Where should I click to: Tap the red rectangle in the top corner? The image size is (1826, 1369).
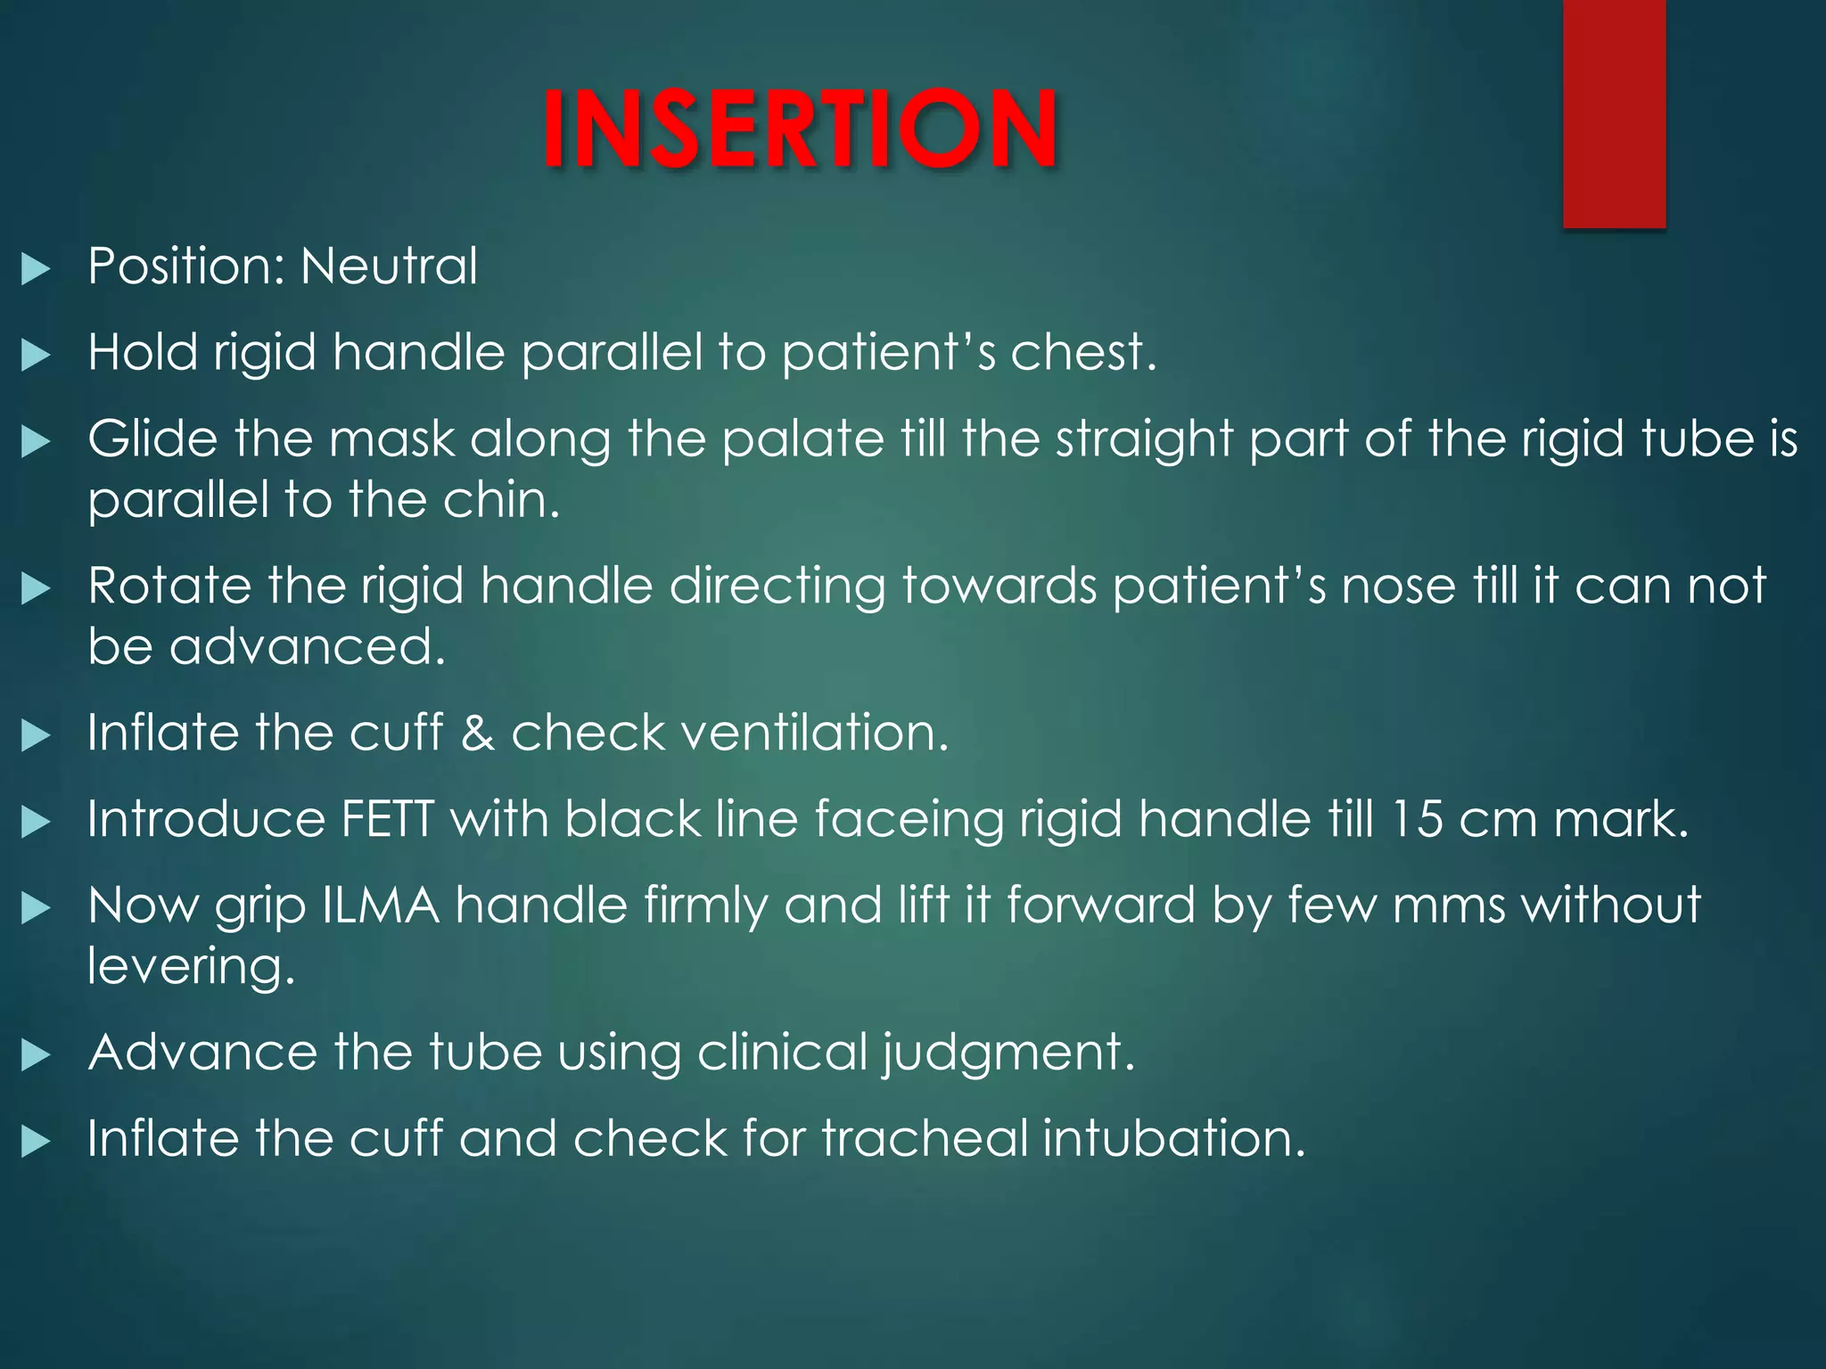(x=1614, y=113)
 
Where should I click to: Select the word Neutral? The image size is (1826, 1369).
(x=389, y=266)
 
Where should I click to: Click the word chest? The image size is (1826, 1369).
(x=1082, y=352)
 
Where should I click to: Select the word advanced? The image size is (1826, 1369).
(x=307, y=646)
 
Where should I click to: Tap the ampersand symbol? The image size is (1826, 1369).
(x=478, y=733)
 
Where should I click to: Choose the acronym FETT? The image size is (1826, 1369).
(x=387, y=819)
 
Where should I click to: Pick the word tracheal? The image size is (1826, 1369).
(x=925, y=1139)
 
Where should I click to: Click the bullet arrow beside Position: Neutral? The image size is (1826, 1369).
(x=36, y=268)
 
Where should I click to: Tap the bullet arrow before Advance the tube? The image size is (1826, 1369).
(x=36, y=1055)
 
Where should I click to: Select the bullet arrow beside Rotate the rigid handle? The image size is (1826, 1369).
(x=36, y=588)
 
